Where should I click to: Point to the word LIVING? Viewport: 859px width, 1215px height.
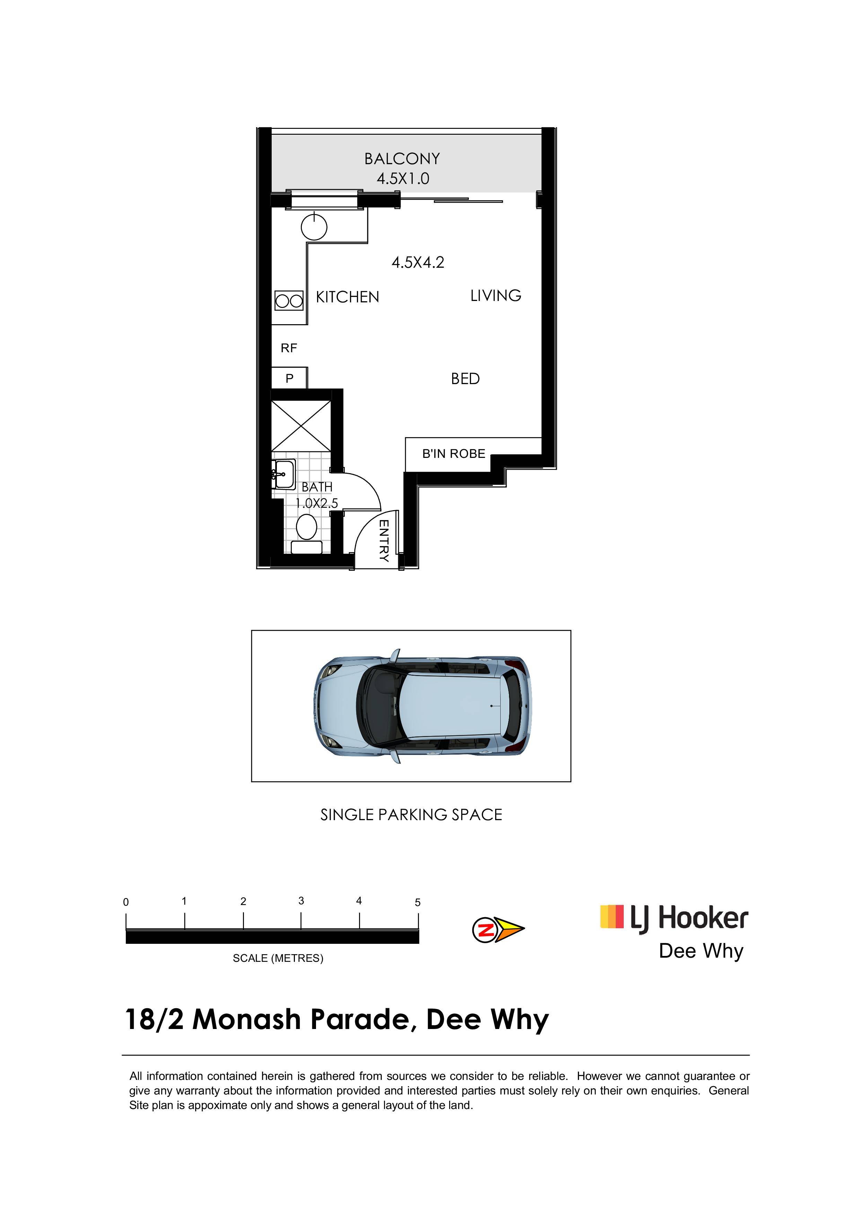coord(496,295)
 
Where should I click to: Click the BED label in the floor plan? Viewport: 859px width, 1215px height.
coord(465,379)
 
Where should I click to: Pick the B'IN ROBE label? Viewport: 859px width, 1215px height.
coord(454,453)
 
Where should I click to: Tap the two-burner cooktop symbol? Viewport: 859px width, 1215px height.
coord(289,301)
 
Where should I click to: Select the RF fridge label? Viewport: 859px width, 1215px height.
coord(289,348)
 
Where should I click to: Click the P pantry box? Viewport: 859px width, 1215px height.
coord(289,378)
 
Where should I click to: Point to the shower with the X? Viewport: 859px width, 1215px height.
coord(301,426)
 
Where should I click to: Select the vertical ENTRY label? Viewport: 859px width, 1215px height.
coord(384,540)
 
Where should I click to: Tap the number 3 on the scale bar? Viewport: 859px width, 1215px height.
coord(301,901)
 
